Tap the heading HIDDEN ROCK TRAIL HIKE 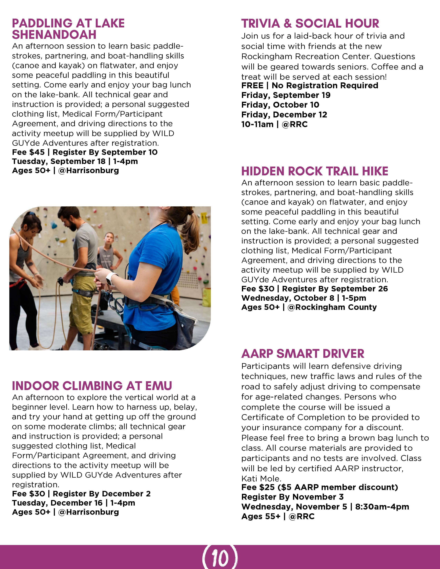315,171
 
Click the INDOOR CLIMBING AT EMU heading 92,386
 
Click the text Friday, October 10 280,105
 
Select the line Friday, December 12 284,115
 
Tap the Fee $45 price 28,152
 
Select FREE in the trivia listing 252,86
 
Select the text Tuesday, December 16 57,503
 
